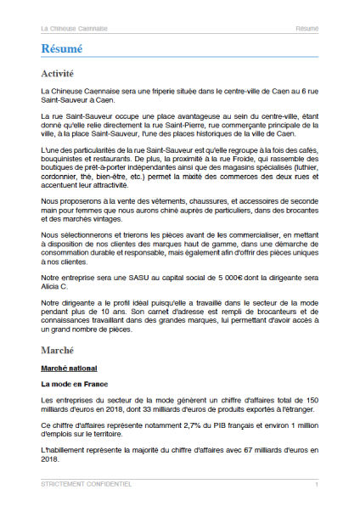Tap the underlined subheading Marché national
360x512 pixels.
click(69, 369)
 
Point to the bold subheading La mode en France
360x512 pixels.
click(73, 385)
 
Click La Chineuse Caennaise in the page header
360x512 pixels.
click(74, 28)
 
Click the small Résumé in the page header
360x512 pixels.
click(307, 28)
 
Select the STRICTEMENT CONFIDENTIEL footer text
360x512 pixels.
click(86, 484)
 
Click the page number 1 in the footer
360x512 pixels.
click(316, 484)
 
